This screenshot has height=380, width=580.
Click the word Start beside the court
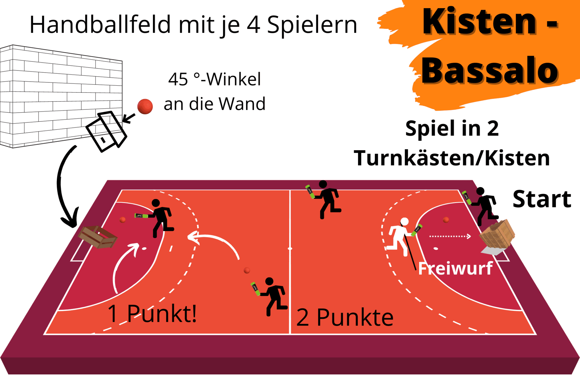(x=542, y=199)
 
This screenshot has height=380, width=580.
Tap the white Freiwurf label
(x=455, y=268)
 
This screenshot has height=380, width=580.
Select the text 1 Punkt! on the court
(x=152, y=314)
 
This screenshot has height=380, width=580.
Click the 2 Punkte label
(x=345, y=317)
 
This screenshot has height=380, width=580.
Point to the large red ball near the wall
(x=145, y=106)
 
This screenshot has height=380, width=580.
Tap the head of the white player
(x=404, y=221)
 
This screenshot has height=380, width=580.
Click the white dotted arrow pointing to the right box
(x=450, y=236)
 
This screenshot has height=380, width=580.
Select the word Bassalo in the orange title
(x=490, y=71)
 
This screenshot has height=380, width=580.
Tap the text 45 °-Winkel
(x=214, y=79)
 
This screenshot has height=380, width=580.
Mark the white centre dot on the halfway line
(x=290, y=248)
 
